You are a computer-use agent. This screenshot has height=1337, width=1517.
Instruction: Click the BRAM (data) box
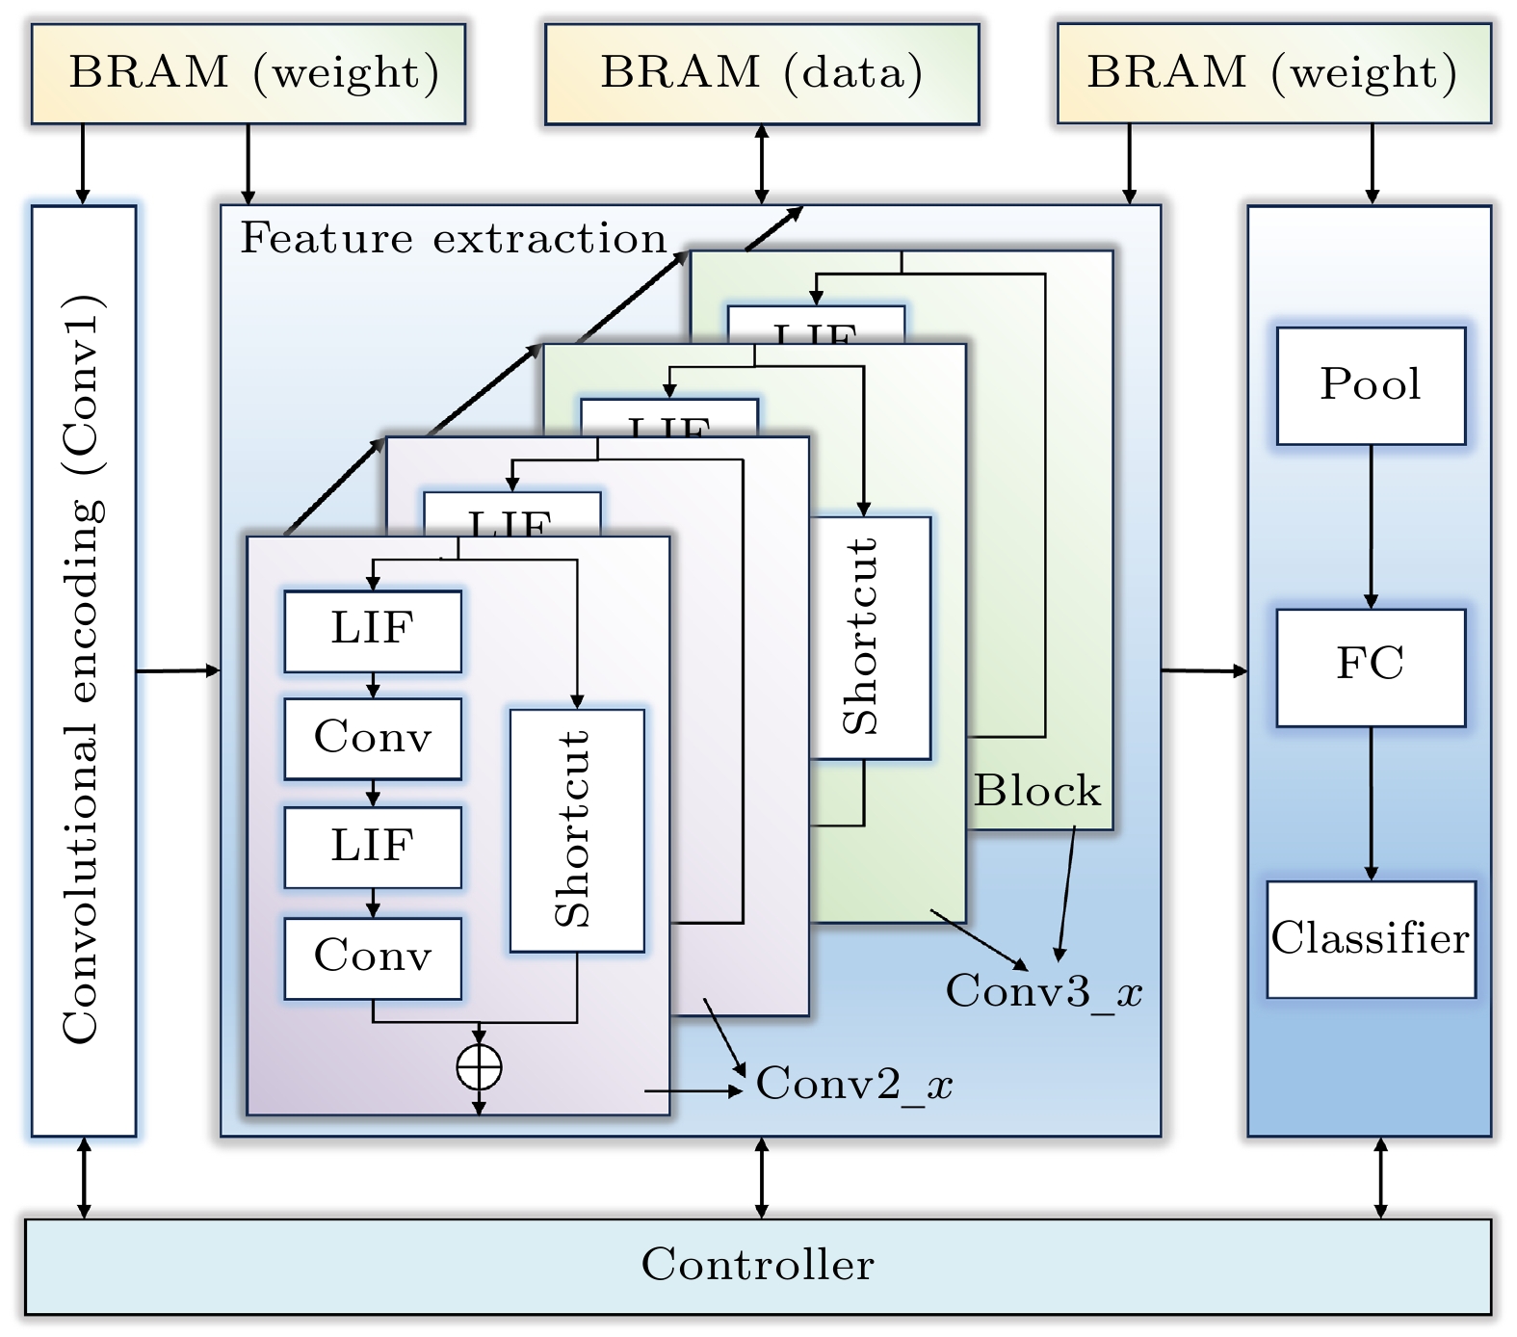click(762, 74)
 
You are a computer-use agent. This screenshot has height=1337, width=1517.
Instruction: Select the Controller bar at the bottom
click(758, 1266)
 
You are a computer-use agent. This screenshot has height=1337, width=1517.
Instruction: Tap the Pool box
click(1371, 385)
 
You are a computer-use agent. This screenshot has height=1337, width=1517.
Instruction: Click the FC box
click(1371, 667)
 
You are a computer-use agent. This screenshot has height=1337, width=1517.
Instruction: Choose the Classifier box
click(1371, 939)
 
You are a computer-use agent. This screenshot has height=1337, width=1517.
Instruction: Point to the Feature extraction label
click(454, 239)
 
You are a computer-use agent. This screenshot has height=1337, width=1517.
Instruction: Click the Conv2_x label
click(853, 1085)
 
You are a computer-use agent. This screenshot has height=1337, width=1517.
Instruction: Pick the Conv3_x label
click(1043, 991)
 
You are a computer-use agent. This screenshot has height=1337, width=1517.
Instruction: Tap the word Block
click(1036, 792)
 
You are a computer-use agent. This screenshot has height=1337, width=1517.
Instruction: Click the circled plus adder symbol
click(479, 1067)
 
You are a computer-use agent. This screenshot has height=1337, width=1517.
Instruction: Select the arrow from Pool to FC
click(1371, 526)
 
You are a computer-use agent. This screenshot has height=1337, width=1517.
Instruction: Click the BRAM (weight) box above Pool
click(1273, 74)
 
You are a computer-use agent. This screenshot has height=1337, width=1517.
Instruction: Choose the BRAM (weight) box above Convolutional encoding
click(248, 74)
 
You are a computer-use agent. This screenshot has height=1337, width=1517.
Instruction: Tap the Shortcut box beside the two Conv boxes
click(577, 830)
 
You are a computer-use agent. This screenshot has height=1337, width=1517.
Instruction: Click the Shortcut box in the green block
click(870, 638)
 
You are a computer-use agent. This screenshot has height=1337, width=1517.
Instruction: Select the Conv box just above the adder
click(373, 957)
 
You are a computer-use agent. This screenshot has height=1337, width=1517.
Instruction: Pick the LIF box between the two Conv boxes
click(373, 847)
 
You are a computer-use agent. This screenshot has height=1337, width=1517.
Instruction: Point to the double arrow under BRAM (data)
click(762, 164)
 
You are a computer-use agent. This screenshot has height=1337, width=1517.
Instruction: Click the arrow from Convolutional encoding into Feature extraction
click(178, 670)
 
